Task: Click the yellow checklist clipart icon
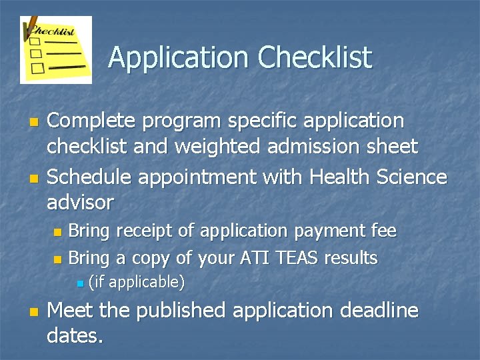(x=56, y=50)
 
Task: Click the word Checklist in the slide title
(x=315, y=58)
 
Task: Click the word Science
(x=409, y=177)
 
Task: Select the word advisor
(x=80, y=201)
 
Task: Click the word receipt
(x=147, y=231)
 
